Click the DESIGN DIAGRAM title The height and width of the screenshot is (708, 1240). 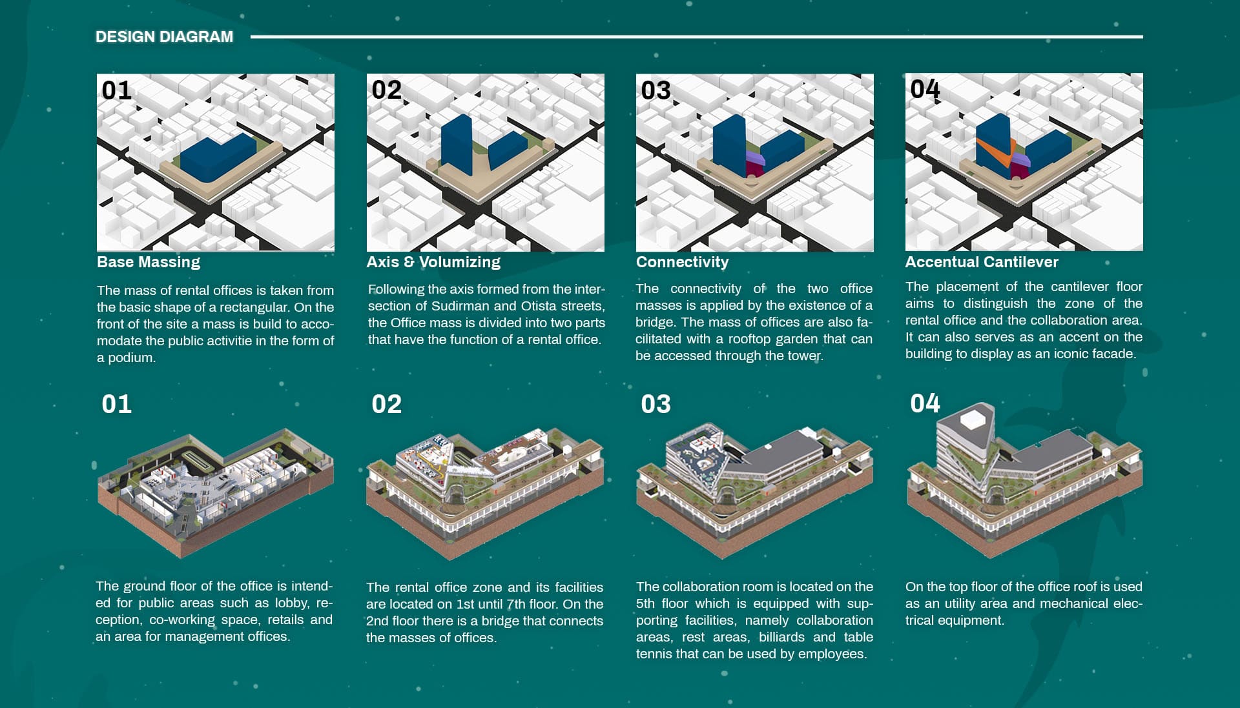(164, 37)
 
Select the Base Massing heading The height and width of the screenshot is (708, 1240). (149, 262)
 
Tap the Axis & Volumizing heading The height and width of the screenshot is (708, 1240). (433, 262)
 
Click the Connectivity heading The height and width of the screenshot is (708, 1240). (682, 262)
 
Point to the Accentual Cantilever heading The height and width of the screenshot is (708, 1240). (982, 262)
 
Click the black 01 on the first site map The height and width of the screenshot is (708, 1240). (117, 90)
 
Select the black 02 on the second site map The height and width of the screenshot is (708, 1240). (386, 90)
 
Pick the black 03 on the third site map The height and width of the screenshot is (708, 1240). (656, 90)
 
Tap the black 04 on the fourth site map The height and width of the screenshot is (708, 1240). (925, 89)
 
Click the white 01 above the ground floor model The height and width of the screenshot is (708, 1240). (117, 404)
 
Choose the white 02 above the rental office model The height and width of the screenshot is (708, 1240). (386, 404)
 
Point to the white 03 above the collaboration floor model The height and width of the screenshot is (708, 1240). (656, 404)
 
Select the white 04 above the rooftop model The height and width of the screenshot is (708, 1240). (925, 403)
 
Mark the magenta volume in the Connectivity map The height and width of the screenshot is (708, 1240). (754, 170)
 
